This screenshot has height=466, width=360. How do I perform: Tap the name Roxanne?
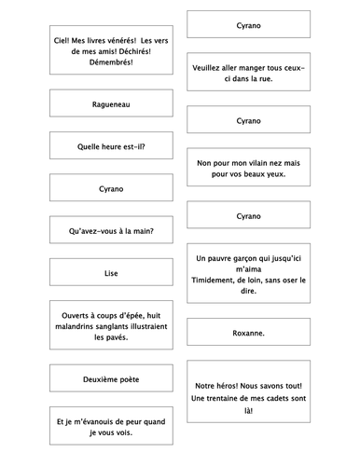coord(248,333)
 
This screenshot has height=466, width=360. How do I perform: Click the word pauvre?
coord(227,257)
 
